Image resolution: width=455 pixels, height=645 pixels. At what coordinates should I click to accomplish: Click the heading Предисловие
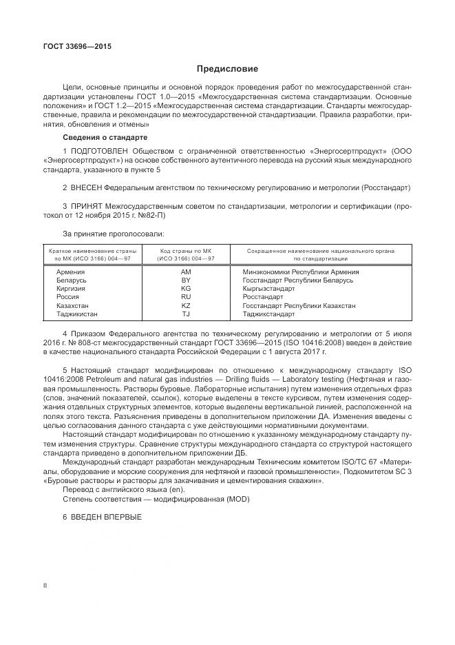pyautogui.click(x=227, y=69)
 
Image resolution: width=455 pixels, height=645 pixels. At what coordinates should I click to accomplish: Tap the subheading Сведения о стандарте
pyautogui.click(x=100, y=138)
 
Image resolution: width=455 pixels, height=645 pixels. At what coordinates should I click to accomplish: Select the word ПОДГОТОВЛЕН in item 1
pyautogui.click(x=101, y=150)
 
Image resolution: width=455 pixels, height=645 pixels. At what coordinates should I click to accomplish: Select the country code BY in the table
pyautogui.click(x=185, y=281)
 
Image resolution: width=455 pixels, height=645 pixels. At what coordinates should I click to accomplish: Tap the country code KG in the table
pyautogui.click(x=185, y=289)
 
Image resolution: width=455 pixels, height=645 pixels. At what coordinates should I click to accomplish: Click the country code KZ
pyautogui.click(x=185, y=305)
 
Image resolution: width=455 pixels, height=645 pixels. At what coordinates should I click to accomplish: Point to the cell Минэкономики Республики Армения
pyautogui.click(x=301, y=273)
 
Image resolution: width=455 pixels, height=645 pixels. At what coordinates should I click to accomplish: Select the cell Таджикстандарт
pyautogui.click(x=268, y=314)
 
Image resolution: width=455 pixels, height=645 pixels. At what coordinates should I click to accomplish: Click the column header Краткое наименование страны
pyautogui.click(x=92, y=252)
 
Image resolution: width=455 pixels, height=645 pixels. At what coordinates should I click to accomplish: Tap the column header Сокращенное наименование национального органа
pyautogui.click(x=320, y=252)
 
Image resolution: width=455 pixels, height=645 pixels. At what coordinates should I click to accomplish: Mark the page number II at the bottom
pyautogui.click(x=45, y=585)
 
